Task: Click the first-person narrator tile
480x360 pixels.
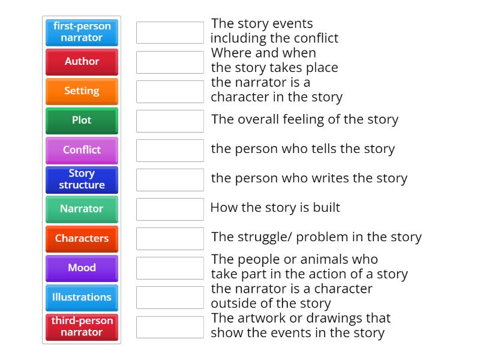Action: click(82, 32)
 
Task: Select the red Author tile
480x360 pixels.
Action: click(82, 62)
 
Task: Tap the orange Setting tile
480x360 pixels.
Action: click(82, 91)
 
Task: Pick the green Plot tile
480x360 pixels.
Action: click(82, 121)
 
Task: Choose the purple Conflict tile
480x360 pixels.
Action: click(82, 150)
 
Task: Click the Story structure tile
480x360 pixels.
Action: click(82, 179)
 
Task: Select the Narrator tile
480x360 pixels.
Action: click(82, 209)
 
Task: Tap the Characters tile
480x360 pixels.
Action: click(82, 238)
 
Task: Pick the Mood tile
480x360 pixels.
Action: click(82, 268)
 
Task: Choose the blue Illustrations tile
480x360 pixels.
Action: click(82, 297)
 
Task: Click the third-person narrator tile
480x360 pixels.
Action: click(82, 326)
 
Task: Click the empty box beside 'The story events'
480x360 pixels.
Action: click(170, 32)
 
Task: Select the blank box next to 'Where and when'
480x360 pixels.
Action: click(170, 62)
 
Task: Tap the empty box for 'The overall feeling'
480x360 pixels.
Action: click(170, 121)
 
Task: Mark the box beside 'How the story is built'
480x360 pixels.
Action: click(170, 209)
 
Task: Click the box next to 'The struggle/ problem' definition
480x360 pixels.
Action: click(170, 238)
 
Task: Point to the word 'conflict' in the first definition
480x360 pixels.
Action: click(316, 38)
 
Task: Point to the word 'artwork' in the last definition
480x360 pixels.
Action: click(260, 318)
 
